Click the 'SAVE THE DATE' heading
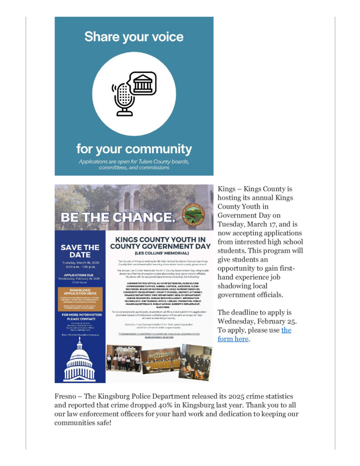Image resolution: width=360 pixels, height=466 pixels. [x=80, y=251]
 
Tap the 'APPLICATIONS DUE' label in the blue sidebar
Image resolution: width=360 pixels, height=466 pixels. [x=80, y=275]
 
